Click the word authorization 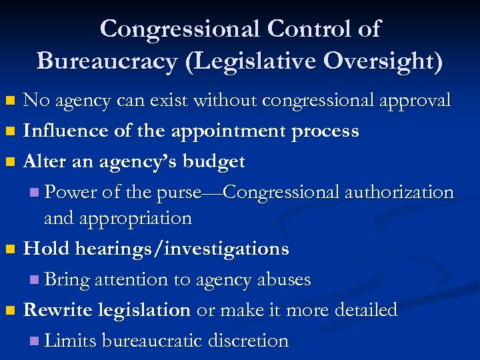point(399,192)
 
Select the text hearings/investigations point(182,249)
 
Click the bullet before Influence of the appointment point(9,132)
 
